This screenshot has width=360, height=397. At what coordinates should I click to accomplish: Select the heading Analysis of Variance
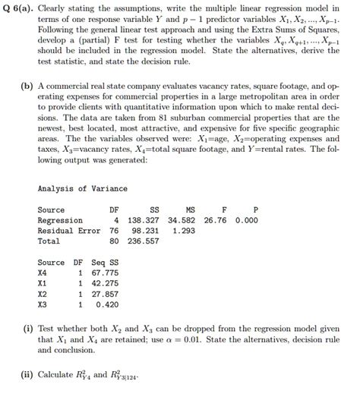tap(82, 188)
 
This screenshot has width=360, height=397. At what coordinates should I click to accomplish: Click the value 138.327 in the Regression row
tap(144, 220)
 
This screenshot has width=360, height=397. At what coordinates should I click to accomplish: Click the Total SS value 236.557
tap(144, 241)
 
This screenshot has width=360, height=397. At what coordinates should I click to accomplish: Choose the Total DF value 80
tap(114, 241)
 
